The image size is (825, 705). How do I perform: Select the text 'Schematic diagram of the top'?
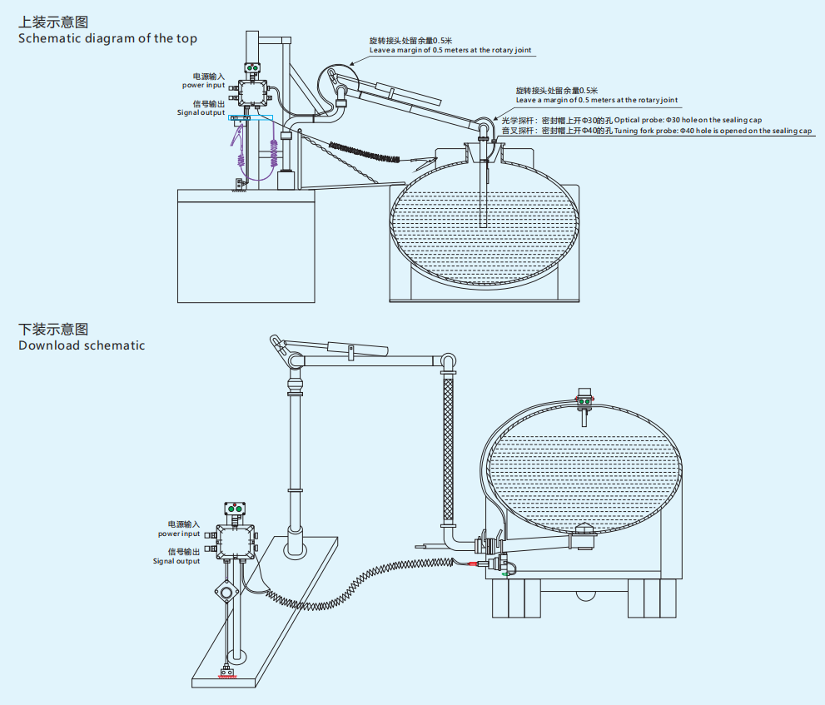(x=107, y=38)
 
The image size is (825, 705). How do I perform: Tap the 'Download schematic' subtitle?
(x=82, y=345)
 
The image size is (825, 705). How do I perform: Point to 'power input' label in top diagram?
(x=204, y=85)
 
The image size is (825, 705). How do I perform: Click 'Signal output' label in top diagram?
(x=201, y=112)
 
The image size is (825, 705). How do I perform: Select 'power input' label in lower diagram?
(x=179, y=534)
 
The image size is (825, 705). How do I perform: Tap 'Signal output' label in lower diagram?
(x=176, y=561)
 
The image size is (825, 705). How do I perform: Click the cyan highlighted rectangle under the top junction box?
(x=251, y=118)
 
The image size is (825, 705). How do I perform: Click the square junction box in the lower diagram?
(x=236, y=542)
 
